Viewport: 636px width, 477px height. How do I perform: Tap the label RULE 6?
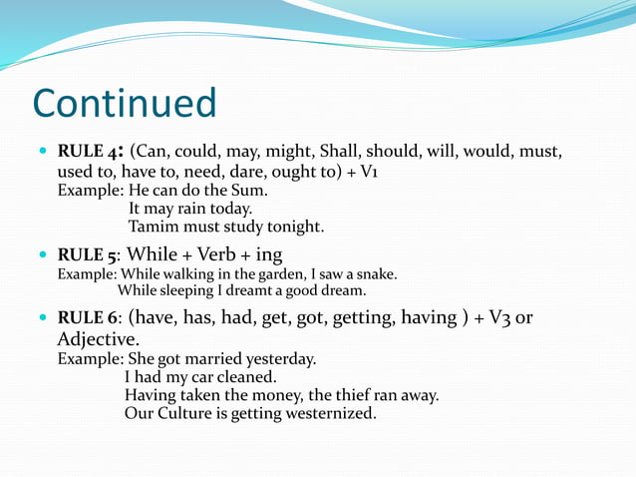pos(88,318)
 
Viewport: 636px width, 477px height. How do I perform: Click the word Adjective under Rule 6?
pos(98,340)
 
